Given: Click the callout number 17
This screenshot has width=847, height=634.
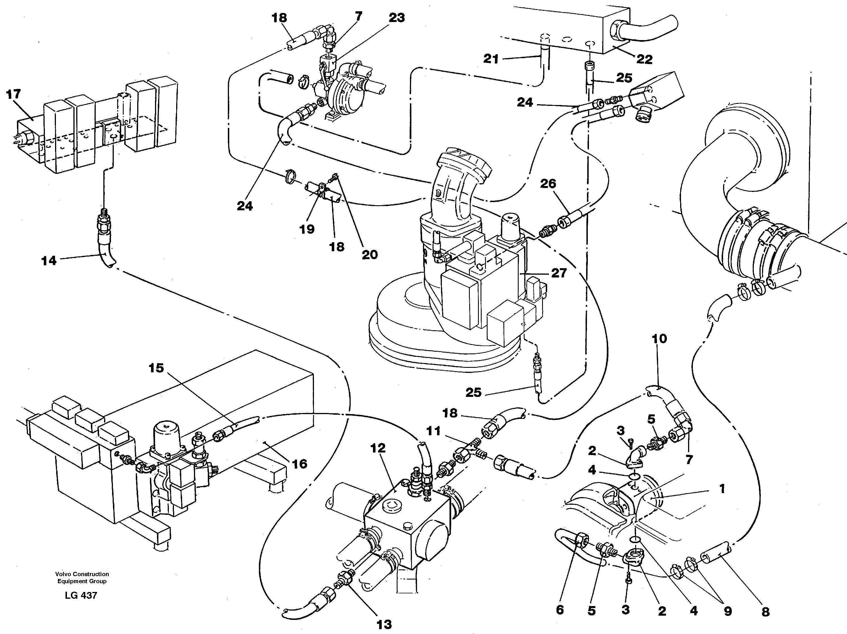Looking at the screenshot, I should pos(14,94).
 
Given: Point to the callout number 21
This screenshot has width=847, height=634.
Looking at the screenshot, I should pos(491,59).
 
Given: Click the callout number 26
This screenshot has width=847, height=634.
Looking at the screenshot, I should pos(548,184).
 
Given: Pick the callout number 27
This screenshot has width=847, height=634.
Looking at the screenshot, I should pos(559,273).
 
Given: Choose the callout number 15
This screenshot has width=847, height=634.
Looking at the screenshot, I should pos(156,368).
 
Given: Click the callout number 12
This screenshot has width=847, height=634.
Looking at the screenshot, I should pos(378,448).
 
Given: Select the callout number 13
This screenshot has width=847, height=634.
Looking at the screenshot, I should pos(384,625).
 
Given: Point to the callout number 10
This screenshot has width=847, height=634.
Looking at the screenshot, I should pos(659,338).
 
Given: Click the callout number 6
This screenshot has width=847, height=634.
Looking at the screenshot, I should pos(560,610).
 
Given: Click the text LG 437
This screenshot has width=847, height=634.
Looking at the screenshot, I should pos(81,595).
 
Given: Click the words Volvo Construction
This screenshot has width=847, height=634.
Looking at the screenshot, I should pos(82,574).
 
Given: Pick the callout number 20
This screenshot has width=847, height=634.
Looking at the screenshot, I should pos(370,255).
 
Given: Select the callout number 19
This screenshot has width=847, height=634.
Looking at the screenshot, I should pos(307,229).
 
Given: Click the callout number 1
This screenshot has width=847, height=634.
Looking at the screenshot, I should pos(722,489).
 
